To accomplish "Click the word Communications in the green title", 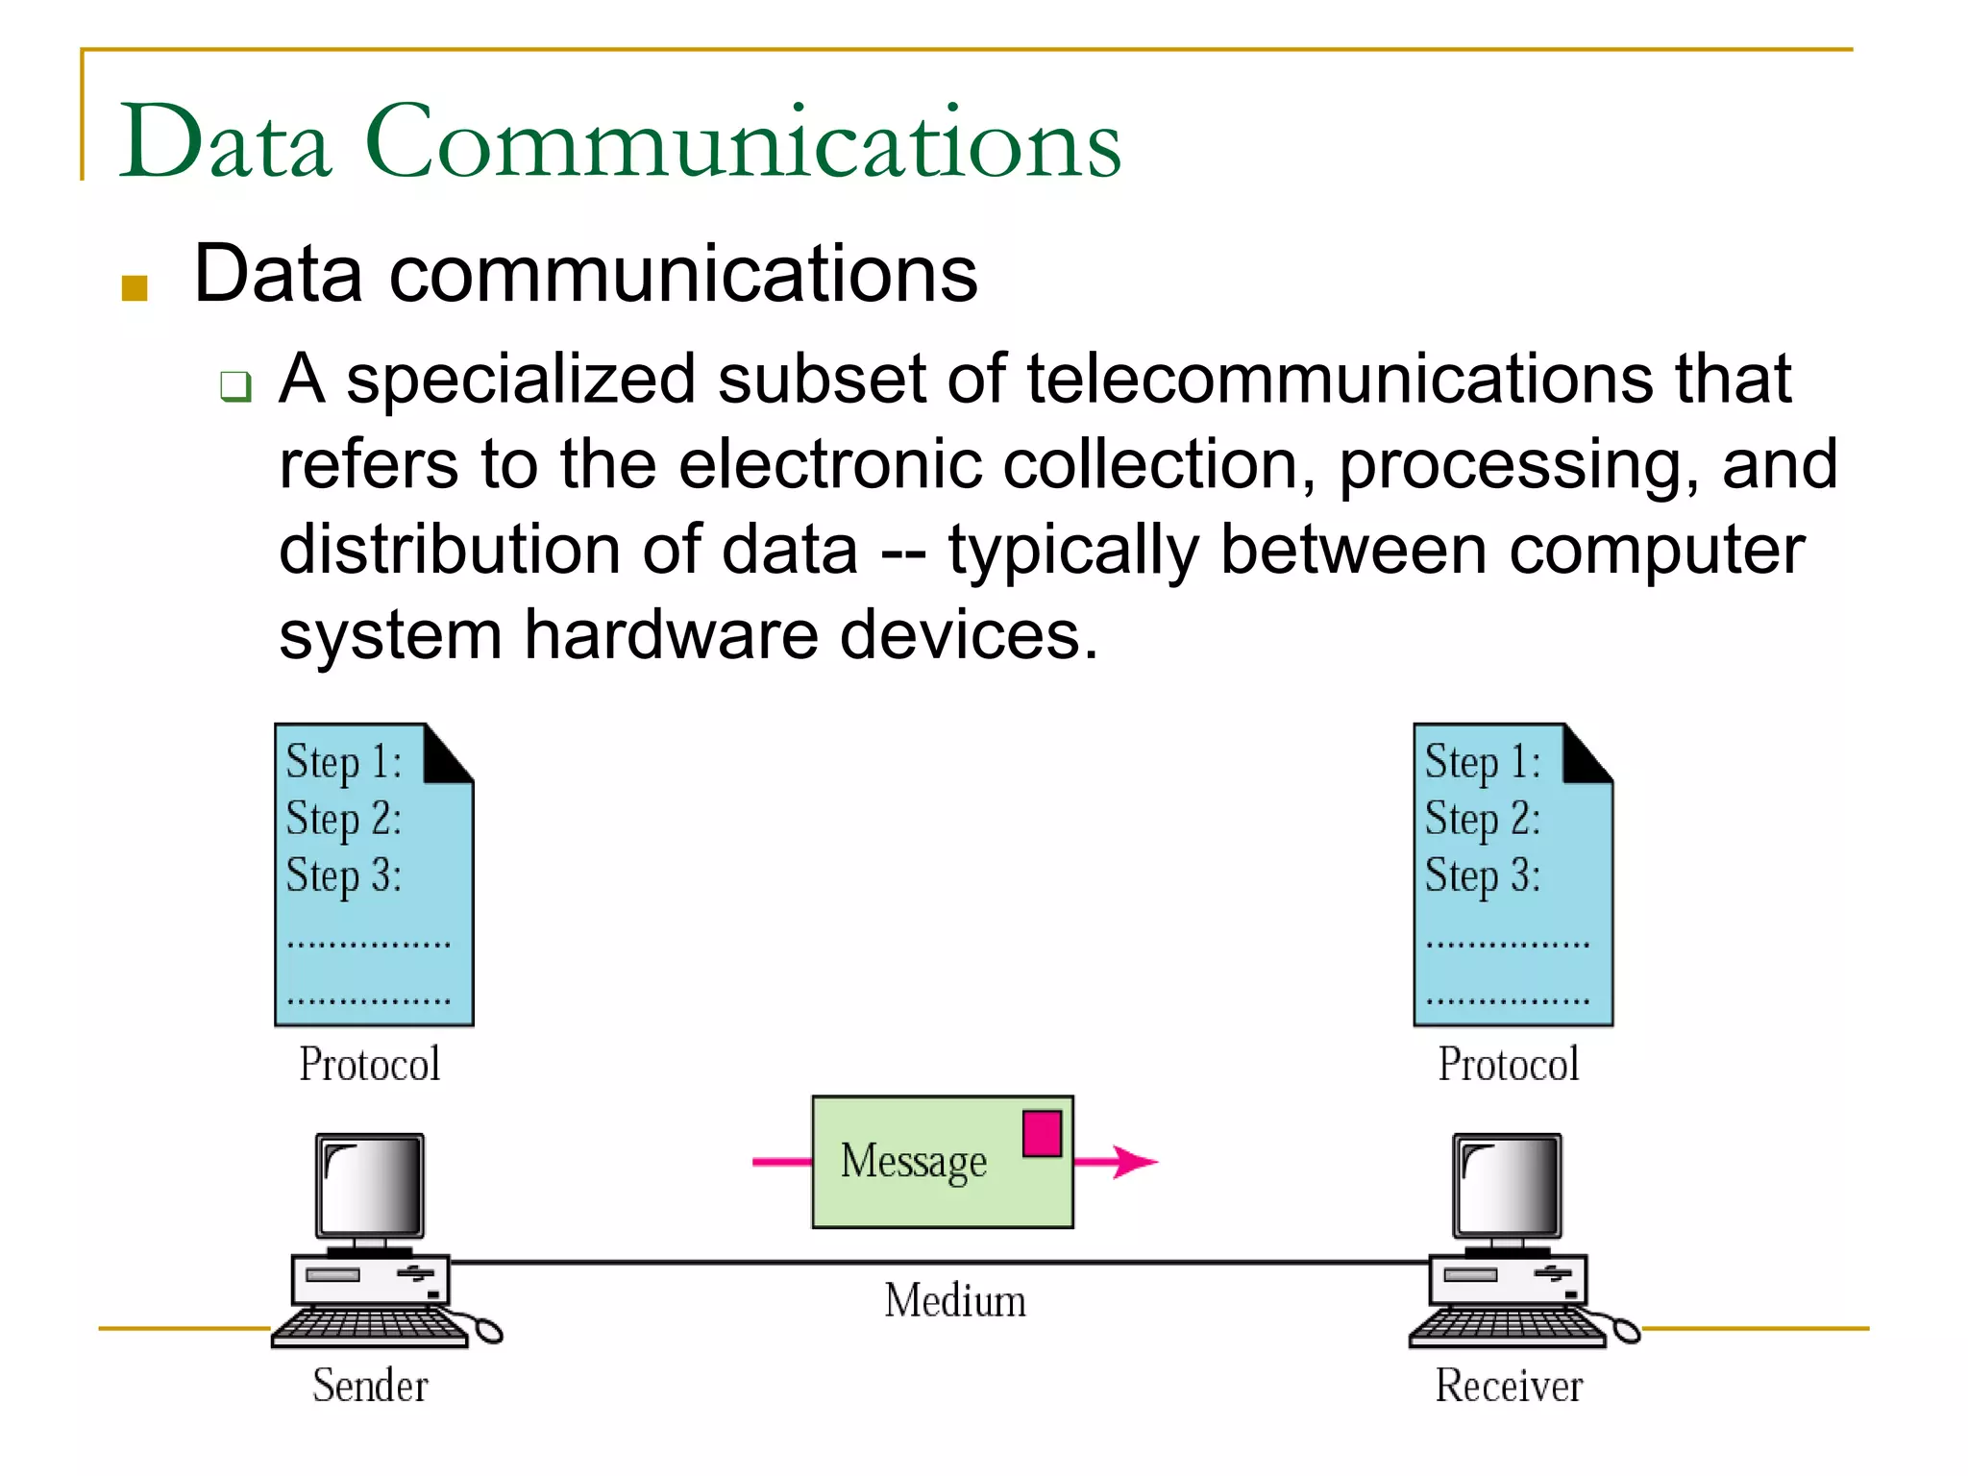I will tap(743, 142).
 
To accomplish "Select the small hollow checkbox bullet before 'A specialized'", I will tap(235, 386).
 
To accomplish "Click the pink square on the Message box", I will tap(1042, 1134).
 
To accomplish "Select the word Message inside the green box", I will tap(913, 1162).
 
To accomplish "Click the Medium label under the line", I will tap(955, 1300).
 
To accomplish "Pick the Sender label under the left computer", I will tap(370, 1386).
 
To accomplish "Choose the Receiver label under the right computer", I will tap(1509, 1386).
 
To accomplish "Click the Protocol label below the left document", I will tap(370, 1064).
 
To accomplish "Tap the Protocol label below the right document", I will tap(1509, 1064).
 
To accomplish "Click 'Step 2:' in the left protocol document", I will tap(343, 820).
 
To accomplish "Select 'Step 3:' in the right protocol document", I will tap(1482, 876).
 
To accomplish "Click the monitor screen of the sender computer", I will tap(370, 1185).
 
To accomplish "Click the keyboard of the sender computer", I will tap(370, 1326).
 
